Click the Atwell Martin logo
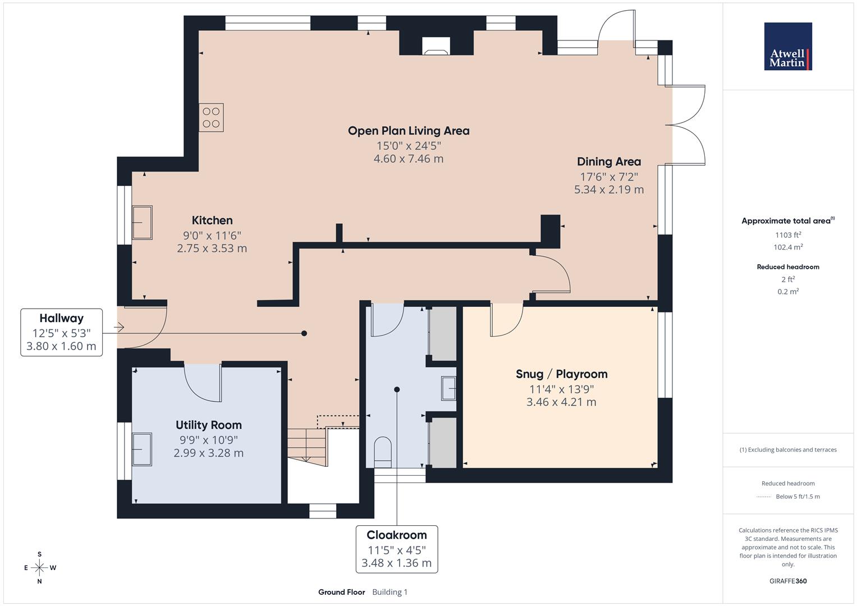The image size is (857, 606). tap(787, 47)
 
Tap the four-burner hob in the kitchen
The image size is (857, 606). tap(211, 117)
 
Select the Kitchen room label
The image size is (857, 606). tap(212, 221)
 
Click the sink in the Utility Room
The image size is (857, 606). tap(141, 449)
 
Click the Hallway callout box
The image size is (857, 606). tap(62, 332)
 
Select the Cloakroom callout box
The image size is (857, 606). tap(396, 549)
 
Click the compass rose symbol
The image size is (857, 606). tap(39, 567)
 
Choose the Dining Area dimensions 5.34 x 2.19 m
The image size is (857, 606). tap(608, 190)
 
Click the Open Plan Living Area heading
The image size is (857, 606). tap(409, 131)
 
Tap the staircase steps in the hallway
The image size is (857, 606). tap(306, 446)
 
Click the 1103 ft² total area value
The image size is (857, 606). tap(788, 235)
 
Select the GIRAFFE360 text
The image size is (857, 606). tap(788, 581)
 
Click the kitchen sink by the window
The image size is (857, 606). tap(142, 222)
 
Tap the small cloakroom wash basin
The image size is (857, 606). tap(448, 388)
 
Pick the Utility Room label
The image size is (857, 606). tap(208, 425)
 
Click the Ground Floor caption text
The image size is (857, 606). tap(341, 592)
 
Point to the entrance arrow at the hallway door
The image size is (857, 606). tap(118, 327)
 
